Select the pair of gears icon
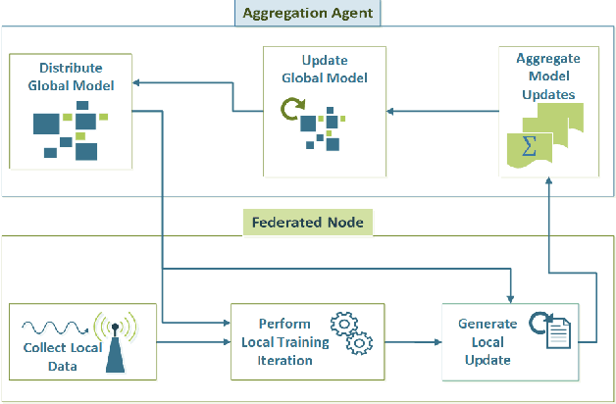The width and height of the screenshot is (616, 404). [351, 333]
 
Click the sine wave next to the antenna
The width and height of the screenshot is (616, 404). [53, 327]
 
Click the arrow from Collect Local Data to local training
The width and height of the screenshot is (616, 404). [192, 341]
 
